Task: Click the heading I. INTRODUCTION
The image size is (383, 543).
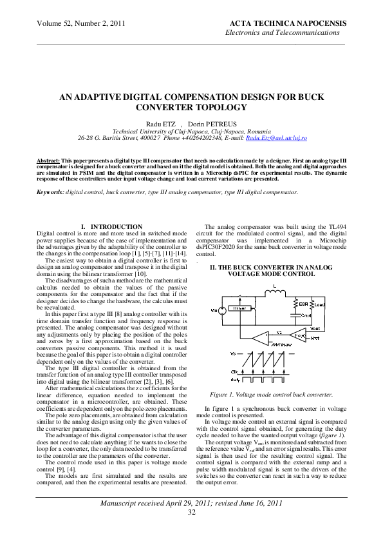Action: [x=112, y=226]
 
